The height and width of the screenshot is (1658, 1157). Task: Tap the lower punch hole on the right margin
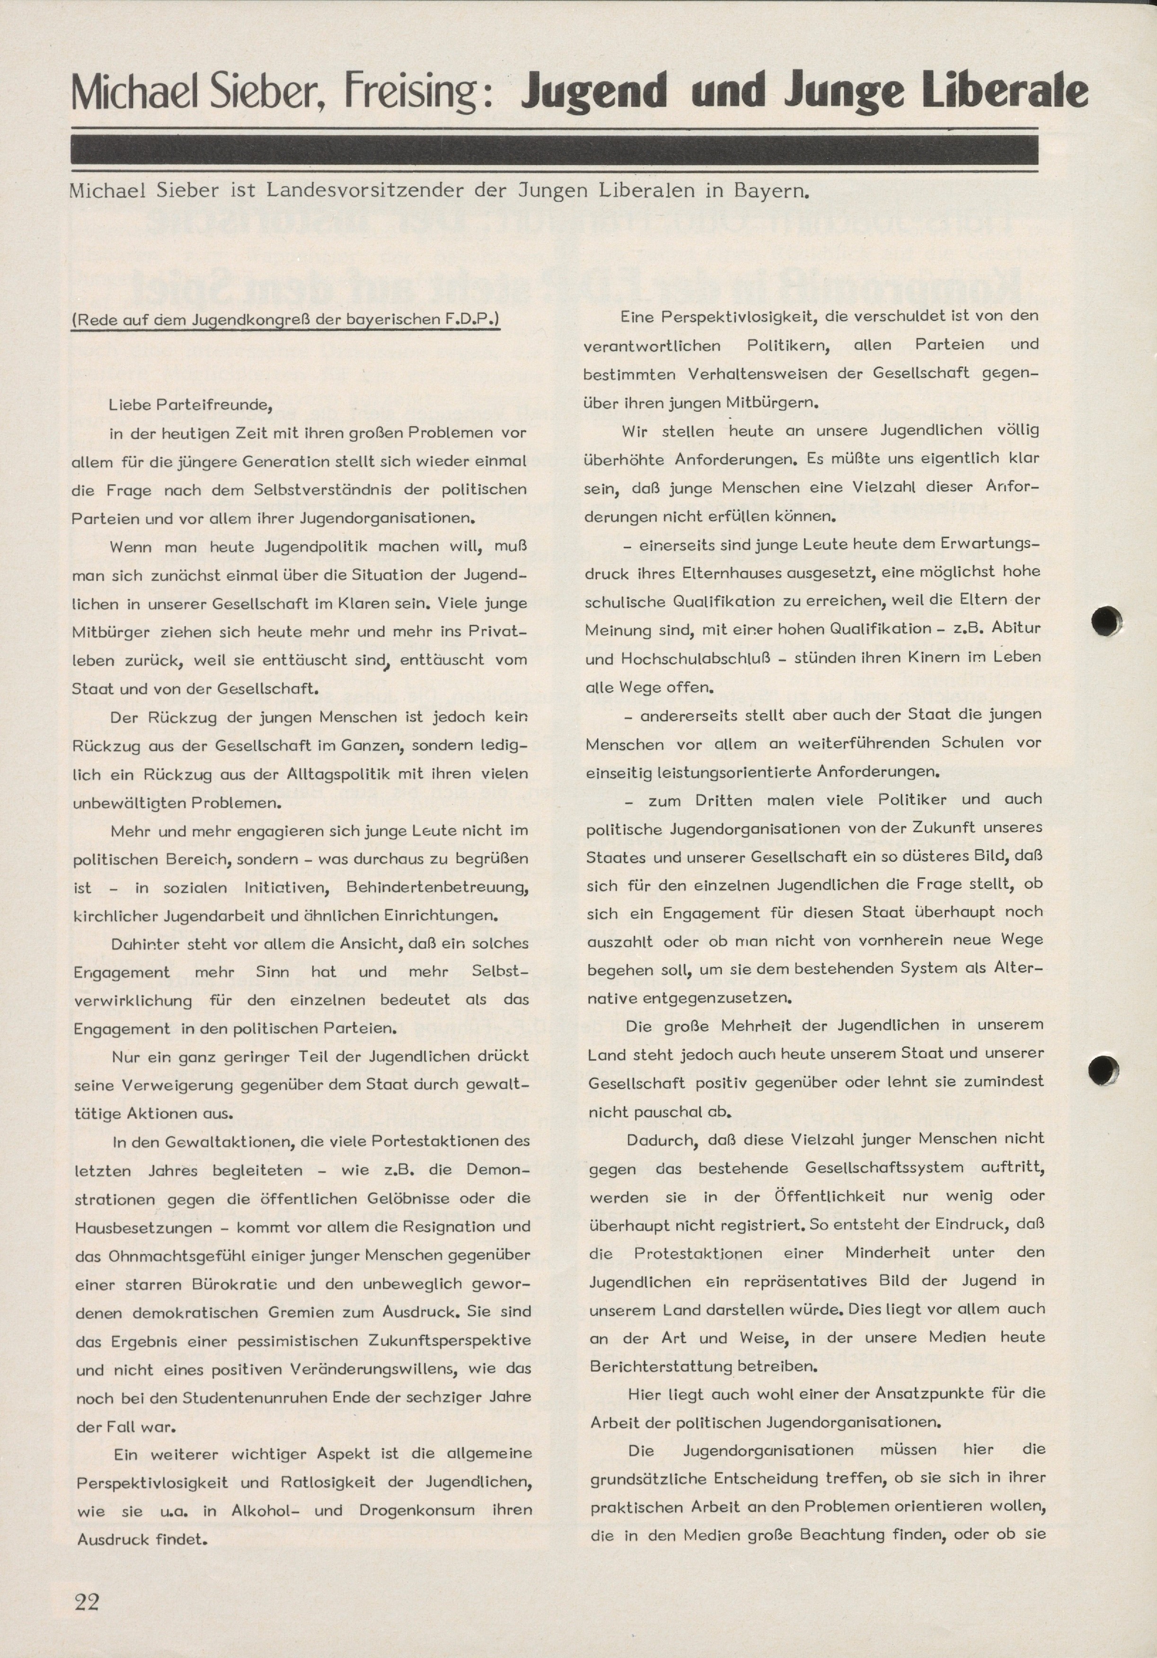pyautogui.click(x=1103, y=1068)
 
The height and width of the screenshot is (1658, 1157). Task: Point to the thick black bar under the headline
pyautogui.click(x=554, y=150)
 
